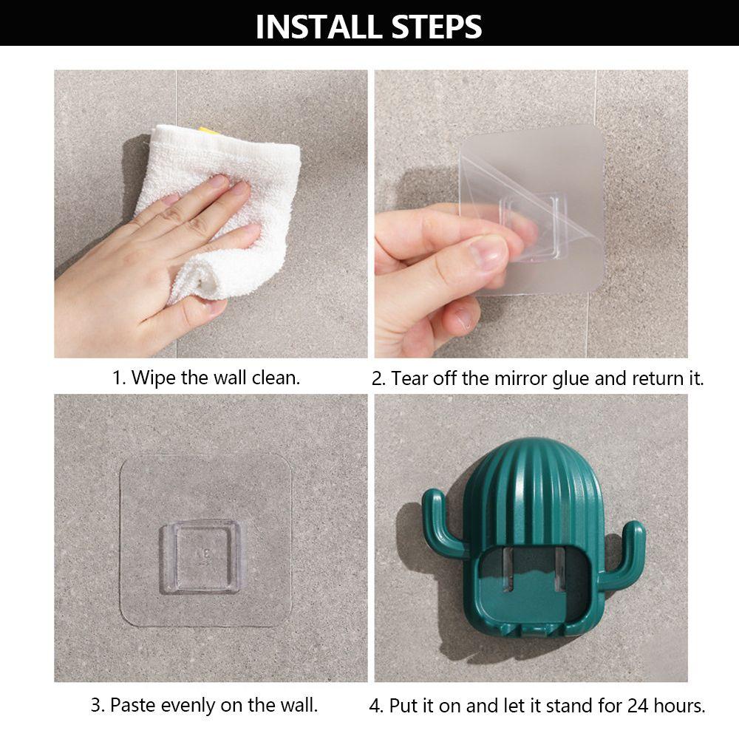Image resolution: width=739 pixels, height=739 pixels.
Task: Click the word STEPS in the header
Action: tap(437, 27)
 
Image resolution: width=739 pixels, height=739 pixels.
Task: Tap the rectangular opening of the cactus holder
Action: tap(534, 585)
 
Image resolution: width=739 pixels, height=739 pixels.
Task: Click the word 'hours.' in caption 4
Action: tap(680, 706)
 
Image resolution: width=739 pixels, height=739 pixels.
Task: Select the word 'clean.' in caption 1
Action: tap(276, 378)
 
